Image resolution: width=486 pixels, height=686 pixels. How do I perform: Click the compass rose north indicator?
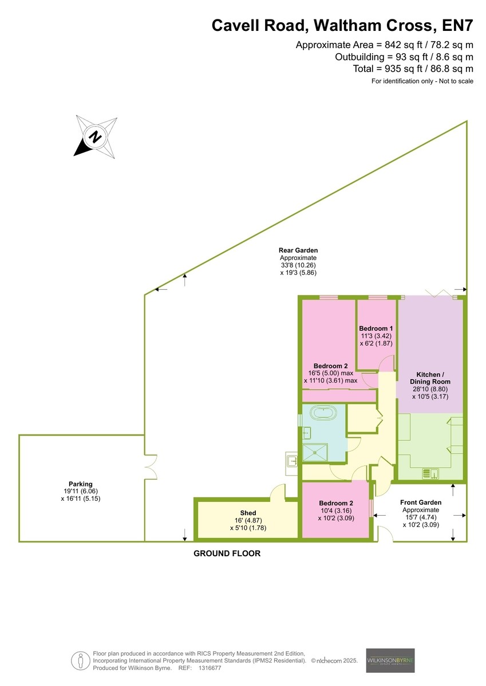point(95,136)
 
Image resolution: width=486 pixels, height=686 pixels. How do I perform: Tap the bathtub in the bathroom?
point(323,413)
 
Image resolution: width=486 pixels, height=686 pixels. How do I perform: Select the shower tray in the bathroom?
point(315,452)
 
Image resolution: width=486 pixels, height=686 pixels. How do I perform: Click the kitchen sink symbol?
point(431,474)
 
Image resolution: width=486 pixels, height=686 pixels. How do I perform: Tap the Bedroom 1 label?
point(376,328)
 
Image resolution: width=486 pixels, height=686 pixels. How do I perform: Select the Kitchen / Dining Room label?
point(430,378)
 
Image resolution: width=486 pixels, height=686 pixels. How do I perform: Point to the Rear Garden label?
point(298,250)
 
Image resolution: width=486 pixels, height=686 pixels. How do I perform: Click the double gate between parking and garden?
point(151,466)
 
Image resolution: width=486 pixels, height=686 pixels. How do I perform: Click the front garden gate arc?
point(386,533)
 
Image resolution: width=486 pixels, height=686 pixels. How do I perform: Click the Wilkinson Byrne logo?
point(390,661)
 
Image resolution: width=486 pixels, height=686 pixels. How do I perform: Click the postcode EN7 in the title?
point(457,25)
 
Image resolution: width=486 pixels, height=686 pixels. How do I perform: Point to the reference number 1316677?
point(210,668)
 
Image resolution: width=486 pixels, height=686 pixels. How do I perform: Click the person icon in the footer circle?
point(81,661)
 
